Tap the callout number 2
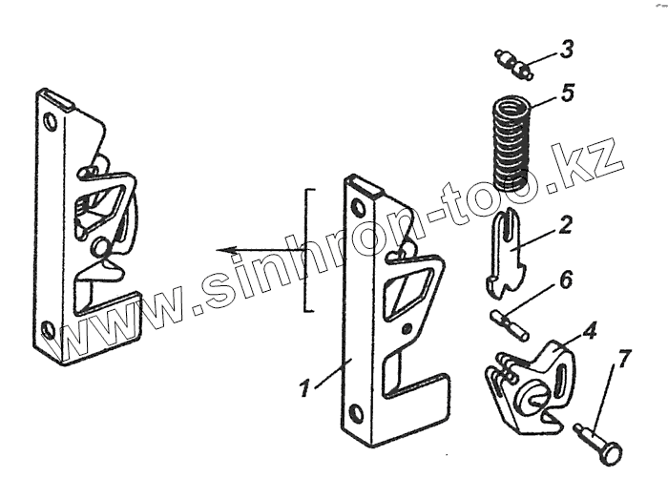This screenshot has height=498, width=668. coord(567,226)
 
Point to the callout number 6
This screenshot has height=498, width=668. coord(566,280)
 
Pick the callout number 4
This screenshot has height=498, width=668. coord(591,332)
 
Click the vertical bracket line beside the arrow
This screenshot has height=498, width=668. coord(307,250)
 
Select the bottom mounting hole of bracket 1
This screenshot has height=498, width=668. coord(356,412)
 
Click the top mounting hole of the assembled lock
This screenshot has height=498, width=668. coord(51,122)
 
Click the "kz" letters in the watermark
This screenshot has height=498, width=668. coord(595,168)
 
